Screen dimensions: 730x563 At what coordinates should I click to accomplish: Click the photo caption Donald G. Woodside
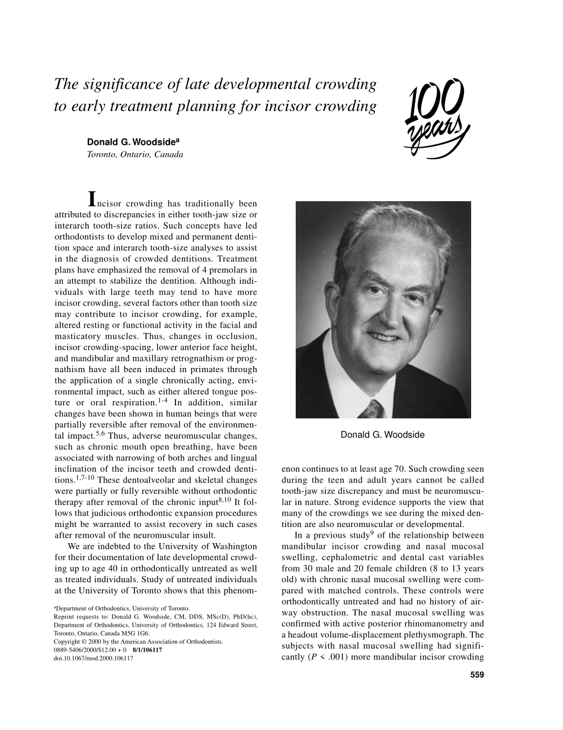coord(382,435)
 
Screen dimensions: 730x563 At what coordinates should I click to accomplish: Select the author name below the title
coord(133,142)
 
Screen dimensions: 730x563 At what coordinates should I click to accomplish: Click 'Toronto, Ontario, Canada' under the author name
coord(135,154)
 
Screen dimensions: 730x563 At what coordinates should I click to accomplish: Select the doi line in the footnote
coord(93,658)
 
